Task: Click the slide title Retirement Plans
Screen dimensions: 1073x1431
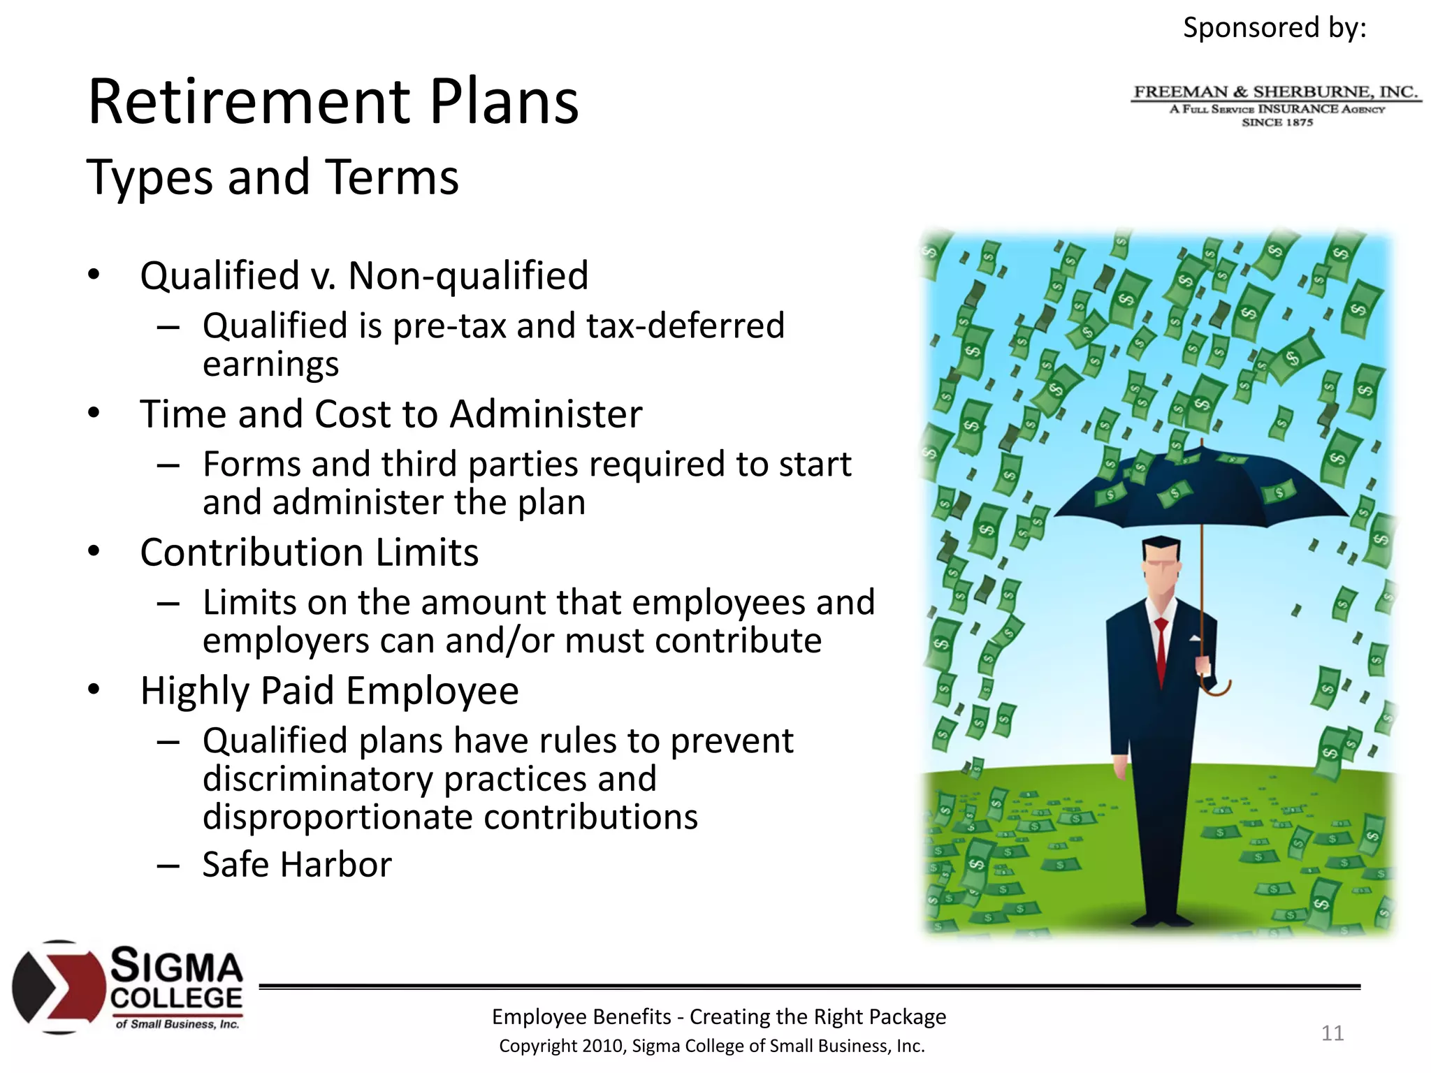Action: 333,102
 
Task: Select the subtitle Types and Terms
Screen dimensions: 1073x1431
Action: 273,177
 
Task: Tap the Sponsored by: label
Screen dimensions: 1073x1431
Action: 1274,28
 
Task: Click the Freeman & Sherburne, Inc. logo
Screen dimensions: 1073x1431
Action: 1276,105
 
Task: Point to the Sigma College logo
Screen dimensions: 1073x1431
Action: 128,986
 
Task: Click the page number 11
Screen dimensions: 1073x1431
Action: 1332,1032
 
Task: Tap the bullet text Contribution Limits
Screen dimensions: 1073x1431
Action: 309,553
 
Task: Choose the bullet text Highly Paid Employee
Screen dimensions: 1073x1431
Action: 329,691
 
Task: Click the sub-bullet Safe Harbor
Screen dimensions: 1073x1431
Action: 297,864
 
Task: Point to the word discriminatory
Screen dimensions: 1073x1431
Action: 317,779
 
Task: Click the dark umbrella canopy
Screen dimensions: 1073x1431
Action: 1202,489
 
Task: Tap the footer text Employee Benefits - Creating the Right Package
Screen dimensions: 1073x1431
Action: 718,1016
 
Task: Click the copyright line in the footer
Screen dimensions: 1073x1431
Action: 711,1046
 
